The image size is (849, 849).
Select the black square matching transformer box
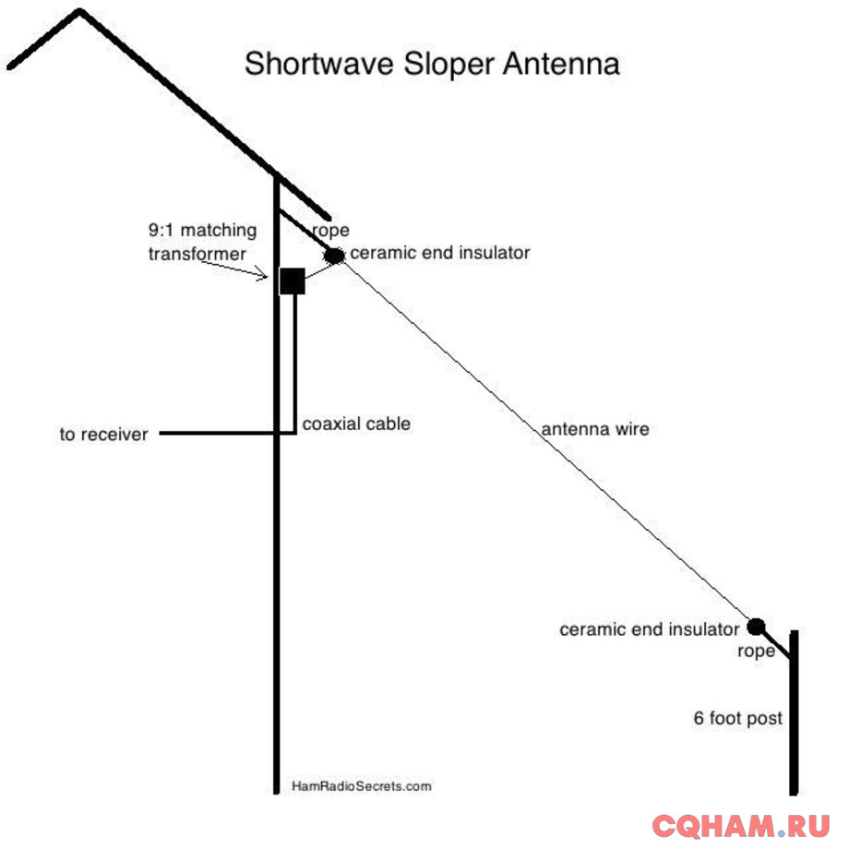point(292,281)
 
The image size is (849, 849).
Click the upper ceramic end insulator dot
point(334,256)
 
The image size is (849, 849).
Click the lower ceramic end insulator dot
point(756,627)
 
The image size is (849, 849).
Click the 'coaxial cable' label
point(356,424)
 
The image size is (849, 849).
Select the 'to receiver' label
point(103,434)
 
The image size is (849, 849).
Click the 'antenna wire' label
point(594,429)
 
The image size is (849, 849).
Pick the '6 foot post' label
point(738,717)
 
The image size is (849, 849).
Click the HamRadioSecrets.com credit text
point(361,786)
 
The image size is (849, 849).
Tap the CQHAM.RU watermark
point(741,825)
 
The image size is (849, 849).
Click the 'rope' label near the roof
point(330,231)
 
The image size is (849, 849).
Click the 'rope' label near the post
point(756,652)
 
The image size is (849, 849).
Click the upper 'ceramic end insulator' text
point(440,252)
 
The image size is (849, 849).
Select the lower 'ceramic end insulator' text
point(650,629)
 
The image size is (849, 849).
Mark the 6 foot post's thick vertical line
point(794,720)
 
